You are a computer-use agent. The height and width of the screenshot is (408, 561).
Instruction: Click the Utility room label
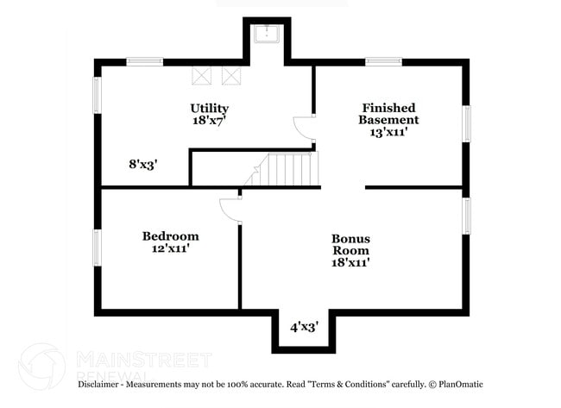coord(210,108)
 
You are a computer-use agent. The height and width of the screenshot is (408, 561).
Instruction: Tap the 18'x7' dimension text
coord(210,122)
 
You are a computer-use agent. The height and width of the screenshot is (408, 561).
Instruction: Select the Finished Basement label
coord(389,114)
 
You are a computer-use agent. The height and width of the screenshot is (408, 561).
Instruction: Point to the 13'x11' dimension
coord(389,134)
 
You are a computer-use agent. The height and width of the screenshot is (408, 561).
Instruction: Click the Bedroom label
coord(170,235)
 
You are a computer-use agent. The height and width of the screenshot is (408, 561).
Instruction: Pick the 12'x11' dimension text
coord(170,248)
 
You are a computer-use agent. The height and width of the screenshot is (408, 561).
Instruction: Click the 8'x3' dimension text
coord(142,163)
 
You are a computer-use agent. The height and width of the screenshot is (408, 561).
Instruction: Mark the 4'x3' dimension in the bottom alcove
coord(304,327)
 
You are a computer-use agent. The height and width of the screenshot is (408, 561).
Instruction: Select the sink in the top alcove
coord(267,35)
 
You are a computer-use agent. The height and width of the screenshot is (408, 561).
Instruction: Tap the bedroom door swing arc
coord(229,210)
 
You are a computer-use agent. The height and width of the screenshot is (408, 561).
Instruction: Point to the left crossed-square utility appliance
coord(202,75)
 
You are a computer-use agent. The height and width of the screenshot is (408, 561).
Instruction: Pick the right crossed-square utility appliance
coord(231,75)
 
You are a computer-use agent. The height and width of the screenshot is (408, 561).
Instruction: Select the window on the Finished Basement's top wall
coord(382,61)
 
